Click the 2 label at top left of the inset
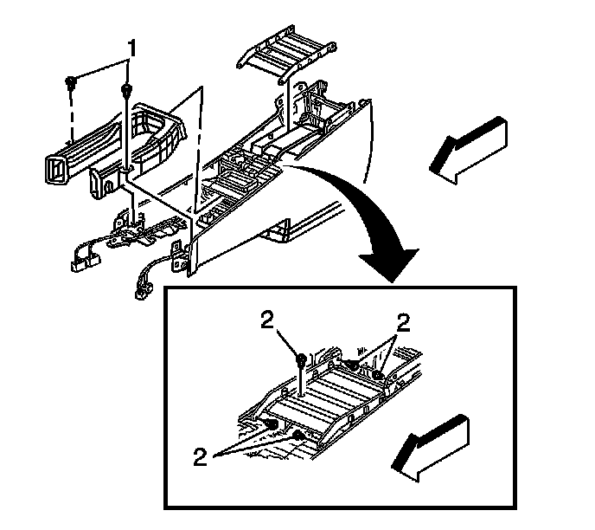point(268,323)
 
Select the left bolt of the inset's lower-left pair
point(273,424)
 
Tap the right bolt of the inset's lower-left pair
point(298,434)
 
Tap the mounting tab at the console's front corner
point(182,256)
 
